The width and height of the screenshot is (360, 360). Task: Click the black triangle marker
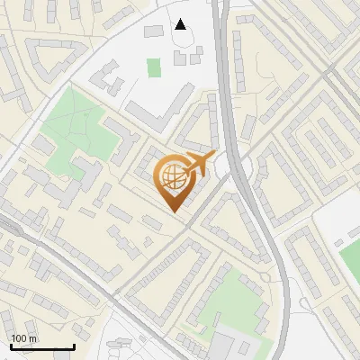point(181,24)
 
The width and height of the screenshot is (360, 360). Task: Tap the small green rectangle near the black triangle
point(154,67)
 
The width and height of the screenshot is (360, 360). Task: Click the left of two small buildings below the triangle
point(181,58)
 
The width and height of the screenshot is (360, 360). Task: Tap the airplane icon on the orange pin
point(198,164)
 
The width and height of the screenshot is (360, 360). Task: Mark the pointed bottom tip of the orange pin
point(174,211)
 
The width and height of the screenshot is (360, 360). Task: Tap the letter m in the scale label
point(32,339)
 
